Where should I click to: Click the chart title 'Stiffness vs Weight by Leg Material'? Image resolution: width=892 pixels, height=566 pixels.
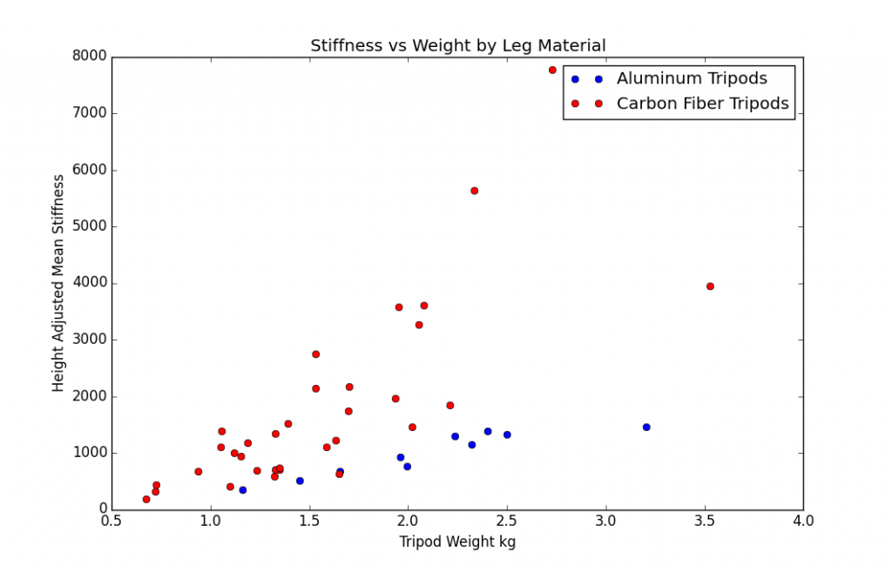[x=457, y=45]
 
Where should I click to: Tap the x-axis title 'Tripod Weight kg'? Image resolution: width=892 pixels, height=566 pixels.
[x=457, y=542]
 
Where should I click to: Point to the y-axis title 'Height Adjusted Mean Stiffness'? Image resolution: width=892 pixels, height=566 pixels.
[x=58, y=283]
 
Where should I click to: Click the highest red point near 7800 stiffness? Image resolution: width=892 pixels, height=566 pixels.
[x=552, y=70]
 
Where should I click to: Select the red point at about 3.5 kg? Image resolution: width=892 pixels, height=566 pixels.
[x=710, y=286]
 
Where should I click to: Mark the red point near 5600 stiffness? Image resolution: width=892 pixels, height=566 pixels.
[x=474, y=191]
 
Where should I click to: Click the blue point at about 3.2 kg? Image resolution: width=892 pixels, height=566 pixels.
[x=646, y=427]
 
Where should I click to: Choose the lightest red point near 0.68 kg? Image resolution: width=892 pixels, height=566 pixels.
[x=146, y=499]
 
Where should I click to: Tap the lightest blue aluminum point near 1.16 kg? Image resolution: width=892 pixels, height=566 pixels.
[x=242, y=489]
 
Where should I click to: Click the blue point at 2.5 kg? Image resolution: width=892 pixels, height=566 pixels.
[x=507, y=435]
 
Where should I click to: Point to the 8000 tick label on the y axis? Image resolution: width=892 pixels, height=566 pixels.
[x=89, y=57]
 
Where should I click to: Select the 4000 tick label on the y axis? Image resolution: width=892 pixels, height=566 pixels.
[x=89, y=283]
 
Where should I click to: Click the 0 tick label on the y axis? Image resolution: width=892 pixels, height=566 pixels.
[x=101, y=509]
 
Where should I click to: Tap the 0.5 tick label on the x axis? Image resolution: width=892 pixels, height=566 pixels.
[x=111, y=522]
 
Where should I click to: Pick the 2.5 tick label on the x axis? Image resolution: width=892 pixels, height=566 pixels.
[x=507, y=522]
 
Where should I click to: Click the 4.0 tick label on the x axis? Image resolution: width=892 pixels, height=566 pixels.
[x=803, y=522]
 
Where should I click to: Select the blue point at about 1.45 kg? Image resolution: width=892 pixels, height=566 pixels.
[x=300, y=481]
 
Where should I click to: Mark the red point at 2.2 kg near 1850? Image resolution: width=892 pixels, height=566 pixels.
[x=449, y=405]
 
